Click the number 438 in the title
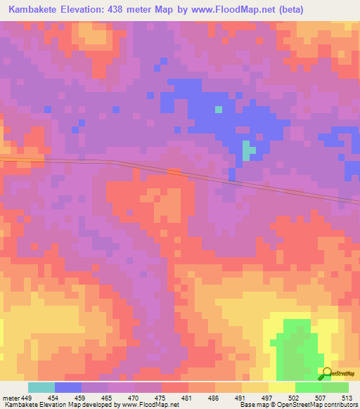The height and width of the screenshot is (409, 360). pos(129,11)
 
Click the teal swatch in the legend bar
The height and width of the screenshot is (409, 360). pos(41,387)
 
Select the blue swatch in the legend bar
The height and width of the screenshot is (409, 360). pos(68,387)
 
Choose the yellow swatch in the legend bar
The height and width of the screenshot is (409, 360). pos(281,387)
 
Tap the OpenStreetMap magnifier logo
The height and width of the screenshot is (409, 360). pos(327,375)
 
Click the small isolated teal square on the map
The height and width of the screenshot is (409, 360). pos(219,109)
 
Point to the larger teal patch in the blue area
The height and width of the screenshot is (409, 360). pos(247,150)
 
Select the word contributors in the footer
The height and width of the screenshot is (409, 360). pos(340,405)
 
